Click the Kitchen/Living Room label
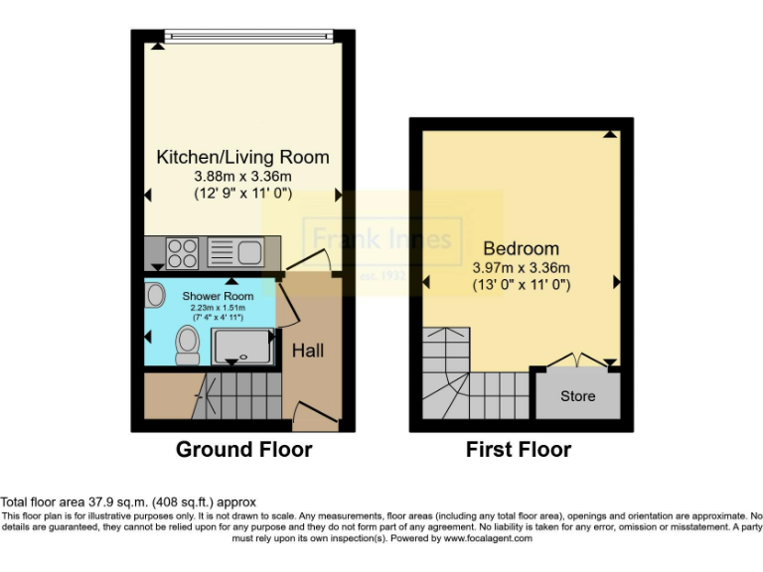(242, 157)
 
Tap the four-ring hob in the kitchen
(183, 253)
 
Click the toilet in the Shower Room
(186, 345)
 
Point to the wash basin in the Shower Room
(156, 295)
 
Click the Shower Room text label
(218, 296)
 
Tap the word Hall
(307, 351)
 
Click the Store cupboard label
(577, 396)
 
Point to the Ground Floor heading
(243, 450)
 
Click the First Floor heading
(519, 450)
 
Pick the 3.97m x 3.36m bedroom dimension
(521, 267)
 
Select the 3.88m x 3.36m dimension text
(242, 176)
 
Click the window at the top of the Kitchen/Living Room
(248, 37)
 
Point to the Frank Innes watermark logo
(381, 239)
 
